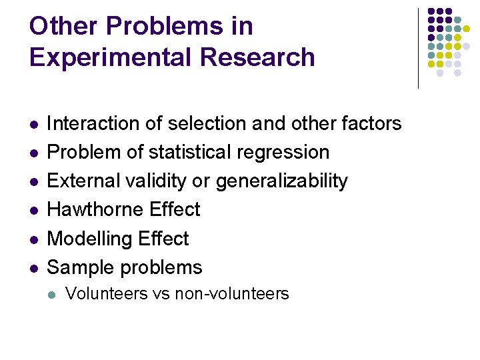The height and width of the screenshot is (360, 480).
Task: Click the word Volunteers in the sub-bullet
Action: tap(106, 293)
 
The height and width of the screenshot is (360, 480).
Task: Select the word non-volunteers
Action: tap(231, 293)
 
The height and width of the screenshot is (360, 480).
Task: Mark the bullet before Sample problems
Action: tap(34, 268)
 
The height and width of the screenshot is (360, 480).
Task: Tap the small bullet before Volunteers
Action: tap(53, 294)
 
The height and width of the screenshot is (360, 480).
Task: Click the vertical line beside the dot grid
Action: tap(418, 48)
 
